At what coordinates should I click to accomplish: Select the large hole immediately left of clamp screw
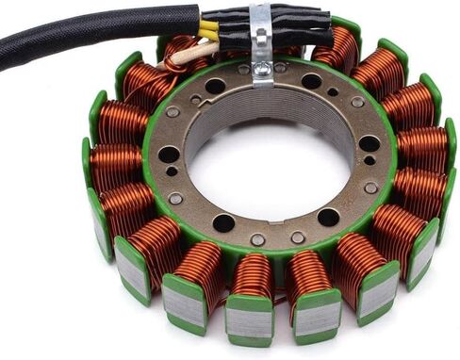tap(216, 86)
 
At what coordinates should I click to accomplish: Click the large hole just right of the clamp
tap(311, 81)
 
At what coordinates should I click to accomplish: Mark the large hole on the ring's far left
tap(169, 154)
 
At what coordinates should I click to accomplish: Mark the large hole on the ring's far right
tap(369, 144)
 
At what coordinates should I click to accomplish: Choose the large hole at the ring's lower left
tap(224, 222)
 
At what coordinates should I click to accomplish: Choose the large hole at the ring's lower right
tap(328, 217)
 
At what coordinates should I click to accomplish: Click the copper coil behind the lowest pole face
tap(253, 276)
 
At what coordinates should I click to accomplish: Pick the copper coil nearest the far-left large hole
tap(118, 165)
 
